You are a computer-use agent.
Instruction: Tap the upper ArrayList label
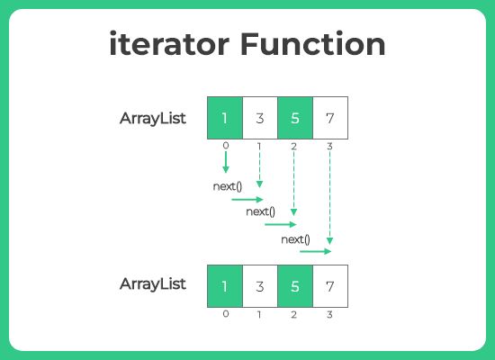153,118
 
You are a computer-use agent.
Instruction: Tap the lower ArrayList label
153,283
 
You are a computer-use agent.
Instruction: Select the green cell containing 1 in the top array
225,117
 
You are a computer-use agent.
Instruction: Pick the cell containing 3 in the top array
260,117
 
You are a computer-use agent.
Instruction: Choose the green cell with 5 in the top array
294,117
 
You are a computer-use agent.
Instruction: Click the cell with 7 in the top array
329,117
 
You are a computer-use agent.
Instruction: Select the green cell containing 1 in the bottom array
225,285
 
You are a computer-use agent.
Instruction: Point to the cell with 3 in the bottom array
260,285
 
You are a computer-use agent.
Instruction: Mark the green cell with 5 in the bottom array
294,285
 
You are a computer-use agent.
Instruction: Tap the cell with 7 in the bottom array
329,285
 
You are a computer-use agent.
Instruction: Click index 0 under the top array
225,144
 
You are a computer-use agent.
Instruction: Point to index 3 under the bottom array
329,313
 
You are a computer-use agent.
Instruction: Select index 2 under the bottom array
294,313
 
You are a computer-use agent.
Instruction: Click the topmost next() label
226,186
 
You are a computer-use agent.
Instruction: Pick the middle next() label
260,212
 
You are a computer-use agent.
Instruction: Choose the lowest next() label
295,238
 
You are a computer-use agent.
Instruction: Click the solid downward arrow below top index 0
225,162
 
